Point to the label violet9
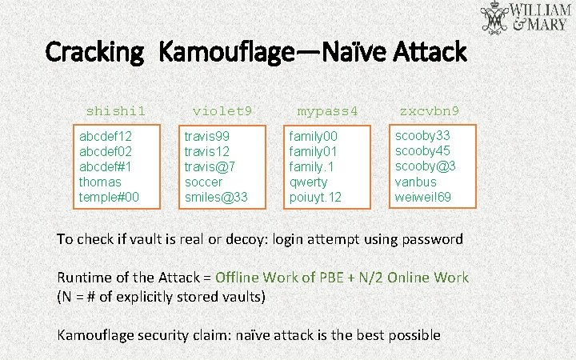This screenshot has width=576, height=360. point(222,110)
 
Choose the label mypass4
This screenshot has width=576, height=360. point(327,110)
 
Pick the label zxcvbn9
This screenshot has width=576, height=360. point(435,110)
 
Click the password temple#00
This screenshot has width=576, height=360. point(109,197)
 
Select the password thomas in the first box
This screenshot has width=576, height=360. point(101,182)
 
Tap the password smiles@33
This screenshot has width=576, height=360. point(216,197)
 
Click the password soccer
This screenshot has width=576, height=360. point(204,182)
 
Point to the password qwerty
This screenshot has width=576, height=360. point(308,182)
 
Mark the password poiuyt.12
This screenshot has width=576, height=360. point(315,197)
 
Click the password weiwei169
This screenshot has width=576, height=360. point(423,196)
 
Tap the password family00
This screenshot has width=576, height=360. point(314,137)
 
